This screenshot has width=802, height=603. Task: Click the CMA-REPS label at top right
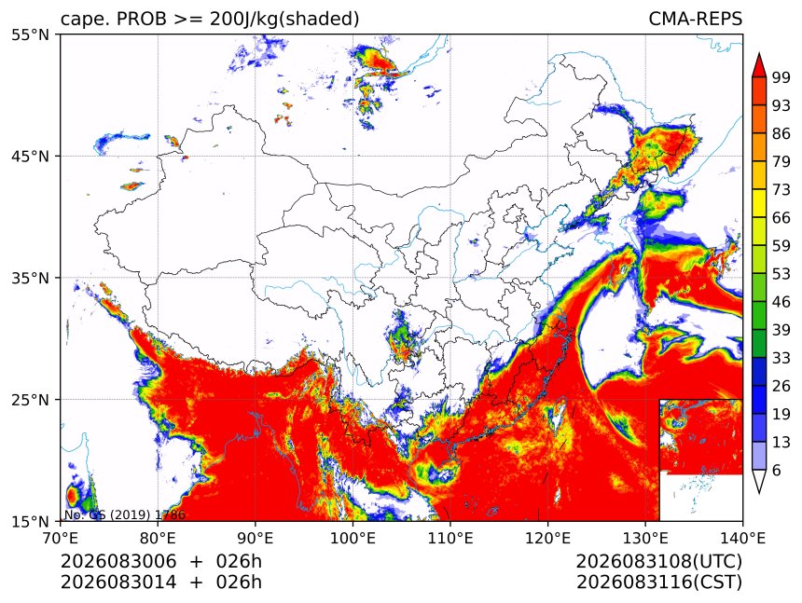[695, 19]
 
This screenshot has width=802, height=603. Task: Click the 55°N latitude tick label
[30, 34]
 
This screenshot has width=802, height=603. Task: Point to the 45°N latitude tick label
[30, 157]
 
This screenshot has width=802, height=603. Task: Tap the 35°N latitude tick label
[30, 278]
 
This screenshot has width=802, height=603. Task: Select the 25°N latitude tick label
[30, 400]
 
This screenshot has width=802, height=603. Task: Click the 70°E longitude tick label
[61, 538]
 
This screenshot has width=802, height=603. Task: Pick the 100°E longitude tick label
[353, 538]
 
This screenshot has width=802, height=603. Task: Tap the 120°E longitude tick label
[547, 538]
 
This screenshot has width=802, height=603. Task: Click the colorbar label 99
[781, 77]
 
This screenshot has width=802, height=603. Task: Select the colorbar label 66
[781, 218]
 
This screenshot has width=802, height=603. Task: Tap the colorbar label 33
[781, 358]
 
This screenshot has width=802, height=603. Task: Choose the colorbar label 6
[777, 470]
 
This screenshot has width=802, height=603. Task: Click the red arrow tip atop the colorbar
[759, 53]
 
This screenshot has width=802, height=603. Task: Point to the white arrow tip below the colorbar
[759, 493]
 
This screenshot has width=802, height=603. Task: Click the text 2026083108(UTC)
[658, 562]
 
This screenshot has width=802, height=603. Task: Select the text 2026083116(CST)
[658, 582]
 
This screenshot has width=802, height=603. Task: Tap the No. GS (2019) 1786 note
[124, 514]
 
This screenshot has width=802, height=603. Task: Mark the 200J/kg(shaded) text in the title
[284, 20]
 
